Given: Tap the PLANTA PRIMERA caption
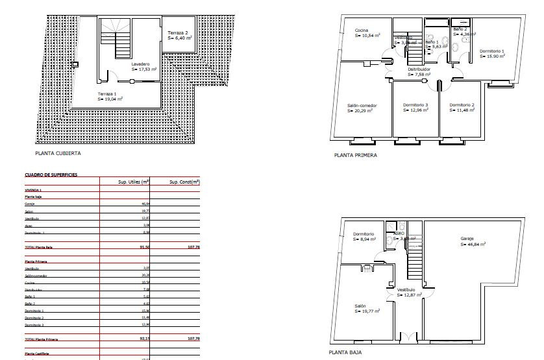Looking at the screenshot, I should pos(355,155).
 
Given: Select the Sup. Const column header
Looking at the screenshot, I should pos(183,182).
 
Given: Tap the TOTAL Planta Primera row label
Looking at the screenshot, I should pos(46,339).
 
